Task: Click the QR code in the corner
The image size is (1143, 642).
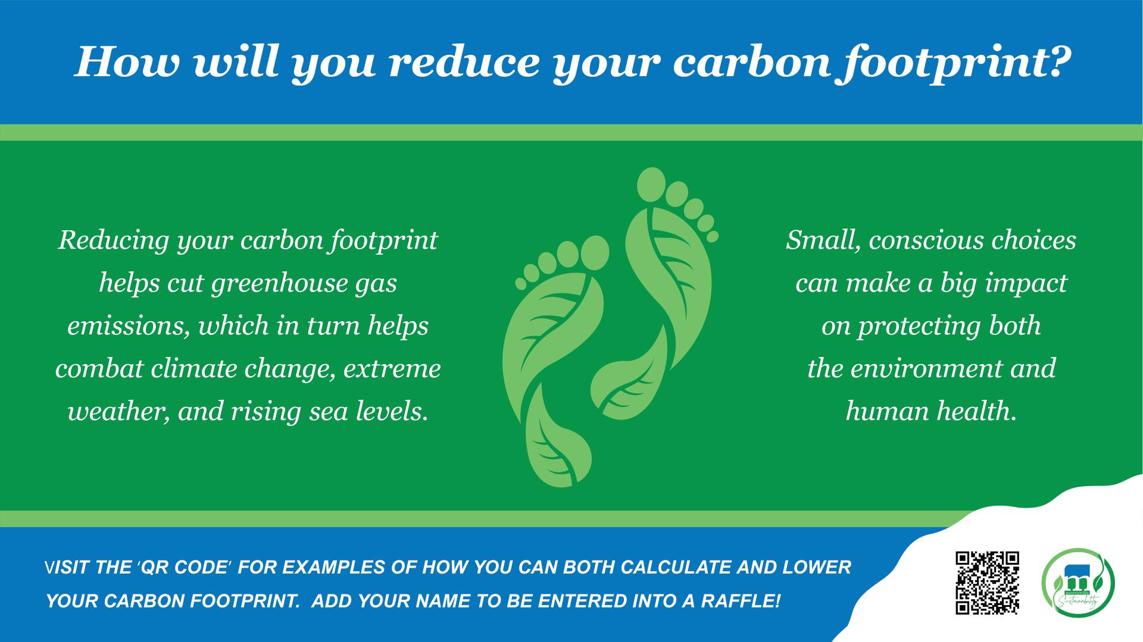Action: [987, 583]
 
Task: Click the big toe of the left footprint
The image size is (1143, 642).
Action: [594, 253]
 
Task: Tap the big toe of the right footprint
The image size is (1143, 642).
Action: [651, 185]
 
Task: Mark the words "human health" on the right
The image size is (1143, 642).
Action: [930, 411]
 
